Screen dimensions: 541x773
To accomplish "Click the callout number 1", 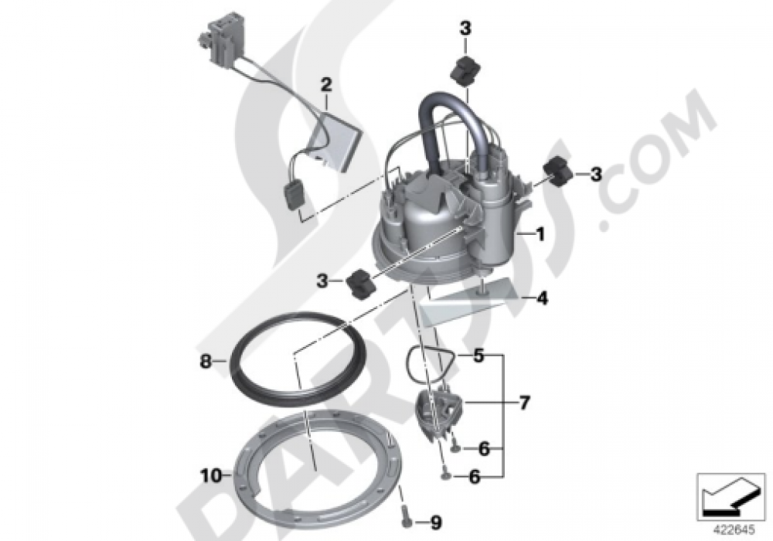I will click(x=541, y=233).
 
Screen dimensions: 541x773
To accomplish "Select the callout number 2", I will click(x=326, y=83).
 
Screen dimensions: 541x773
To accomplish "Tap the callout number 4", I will click(x=543, y=298).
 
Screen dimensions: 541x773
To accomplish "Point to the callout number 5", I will click(x=479, y=356).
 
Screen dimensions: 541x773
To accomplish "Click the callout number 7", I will click(x=525, y=403).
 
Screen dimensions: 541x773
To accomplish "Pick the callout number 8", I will click(x=205, y=359).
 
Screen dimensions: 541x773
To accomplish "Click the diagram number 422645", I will click(x=725, y=531).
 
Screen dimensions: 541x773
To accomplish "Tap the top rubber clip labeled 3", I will click(x=464, y=70).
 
